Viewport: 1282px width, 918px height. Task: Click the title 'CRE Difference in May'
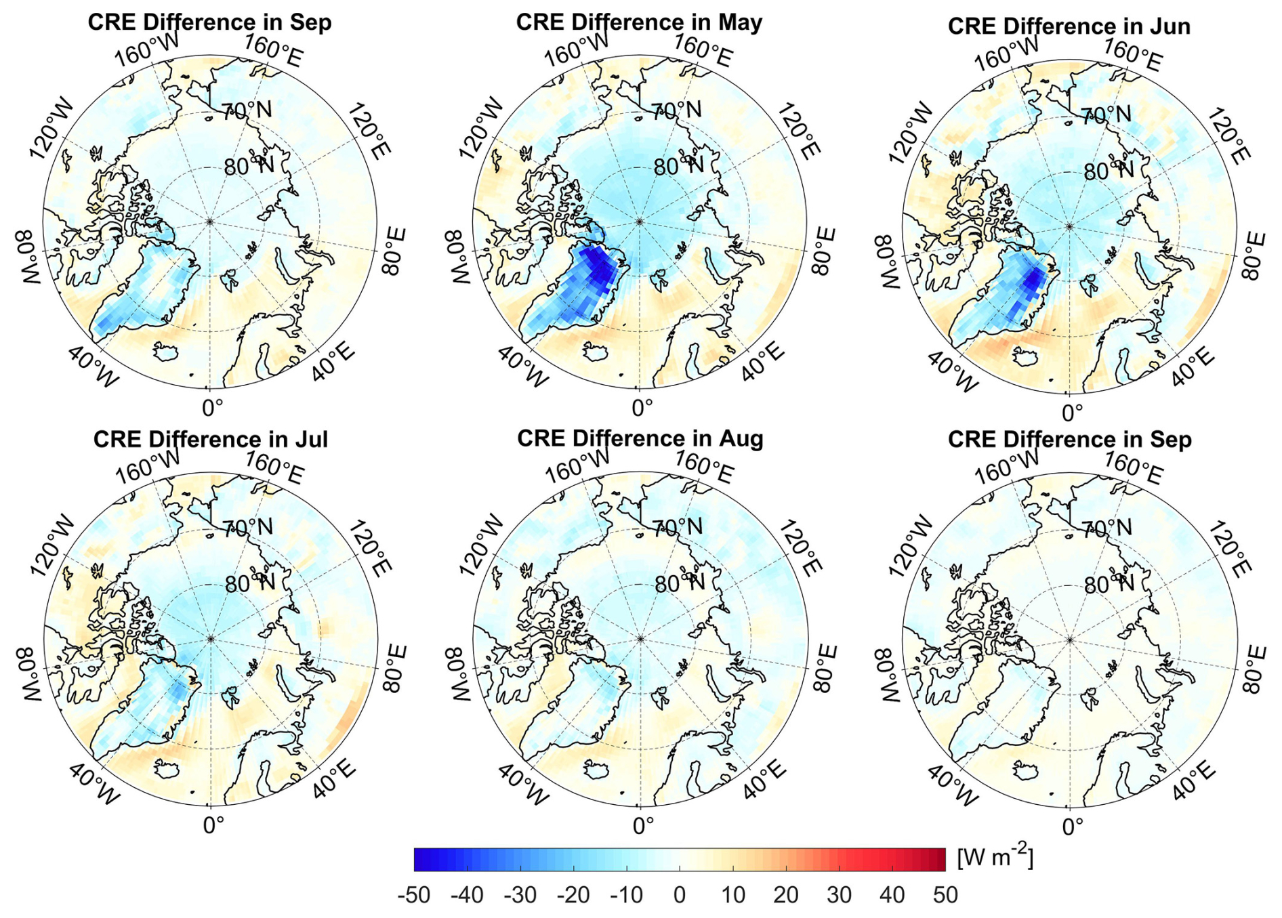click(x=639, y=22)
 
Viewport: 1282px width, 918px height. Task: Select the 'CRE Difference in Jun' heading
click(x=1069, y=26)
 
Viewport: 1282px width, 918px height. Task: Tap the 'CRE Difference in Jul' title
click(x=210, y=440)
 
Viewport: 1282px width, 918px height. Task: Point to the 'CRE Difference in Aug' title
click(x=640, y=439)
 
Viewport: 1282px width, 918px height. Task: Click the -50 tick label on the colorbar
click(x=413, y=895)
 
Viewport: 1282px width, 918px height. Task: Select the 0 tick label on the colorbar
click(x=680, y=895)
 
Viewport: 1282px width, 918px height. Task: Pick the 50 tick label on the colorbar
click(x=945, y=895)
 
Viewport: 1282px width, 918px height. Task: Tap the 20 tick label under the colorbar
click(x=786, y=895)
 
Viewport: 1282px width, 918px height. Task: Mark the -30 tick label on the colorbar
click(x=520, y=895)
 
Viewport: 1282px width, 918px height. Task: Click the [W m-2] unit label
click(x=995, y=858)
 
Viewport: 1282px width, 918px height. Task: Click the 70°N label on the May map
click(x=676, y=110)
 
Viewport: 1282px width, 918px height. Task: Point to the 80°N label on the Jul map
click(x=249, y=583)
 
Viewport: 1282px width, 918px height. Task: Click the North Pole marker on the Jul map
click(x=210, y=638)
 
